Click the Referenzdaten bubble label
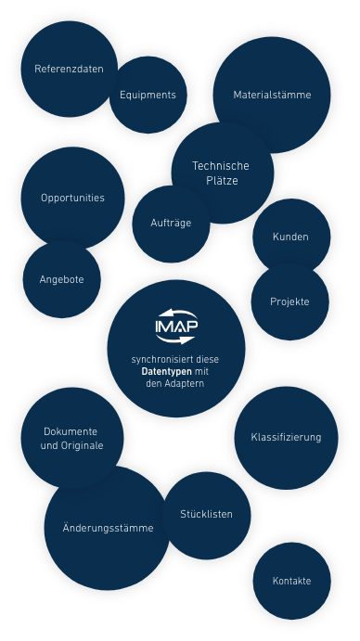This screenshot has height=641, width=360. click(x=69, y=70)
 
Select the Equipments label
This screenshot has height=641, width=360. click(x=148, y=96)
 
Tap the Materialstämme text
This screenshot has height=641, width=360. click(x=272, y=96)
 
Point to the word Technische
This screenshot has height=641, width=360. click(x=221, y=166)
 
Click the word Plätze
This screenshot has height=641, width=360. click(x=222, y=181)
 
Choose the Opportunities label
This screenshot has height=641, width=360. click(x=72, y=199)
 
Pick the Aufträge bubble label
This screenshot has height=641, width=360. click(x=171, y=224)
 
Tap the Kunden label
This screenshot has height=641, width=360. click(x=289, y=237)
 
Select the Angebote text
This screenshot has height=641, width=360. click(x=62, y=279)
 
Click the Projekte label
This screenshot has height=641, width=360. click(x=289, y=302)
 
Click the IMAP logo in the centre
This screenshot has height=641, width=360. click(x=176, y=327)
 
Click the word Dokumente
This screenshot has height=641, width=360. click(x=71, y=432)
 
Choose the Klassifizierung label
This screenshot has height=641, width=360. click(x=286, y=438)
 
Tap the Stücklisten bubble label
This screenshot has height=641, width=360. click(x=206, y=515)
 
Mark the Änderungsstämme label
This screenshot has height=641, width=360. click(x=108, y=529)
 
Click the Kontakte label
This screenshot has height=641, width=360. click(x=291, y=582)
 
